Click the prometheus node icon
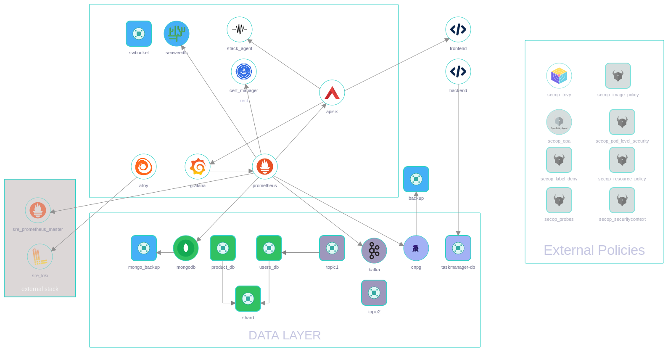265,167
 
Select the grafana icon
198,167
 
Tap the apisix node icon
332,93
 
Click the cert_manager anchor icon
244,71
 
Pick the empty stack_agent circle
240,29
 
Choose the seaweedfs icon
177,34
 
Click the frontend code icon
458,29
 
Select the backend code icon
458,71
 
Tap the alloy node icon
144,167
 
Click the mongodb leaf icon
186,248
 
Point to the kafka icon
374,251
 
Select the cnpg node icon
416,248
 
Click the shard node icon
248,299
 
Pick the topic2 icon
374,293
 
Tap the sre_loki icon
40,257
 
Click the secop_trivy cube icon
559,76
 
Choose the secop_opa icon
559,122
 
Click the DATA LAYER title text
285,335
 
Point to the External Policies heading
594,250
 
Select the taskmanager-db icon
458,248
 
